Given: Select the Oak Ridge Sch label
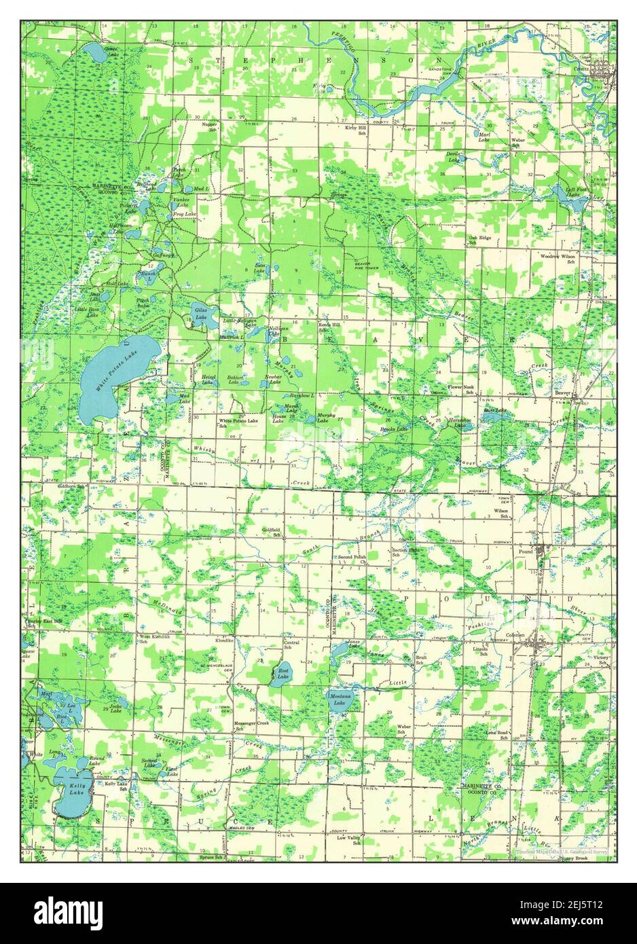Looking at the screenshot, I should pos(480,241).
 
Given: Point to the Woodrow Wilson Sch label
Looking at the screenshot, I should pos(558,259).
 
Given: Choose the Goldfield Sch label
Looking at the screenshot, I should pos(272,532).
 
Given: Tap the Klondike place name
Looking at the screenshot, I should pos(224,640).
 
